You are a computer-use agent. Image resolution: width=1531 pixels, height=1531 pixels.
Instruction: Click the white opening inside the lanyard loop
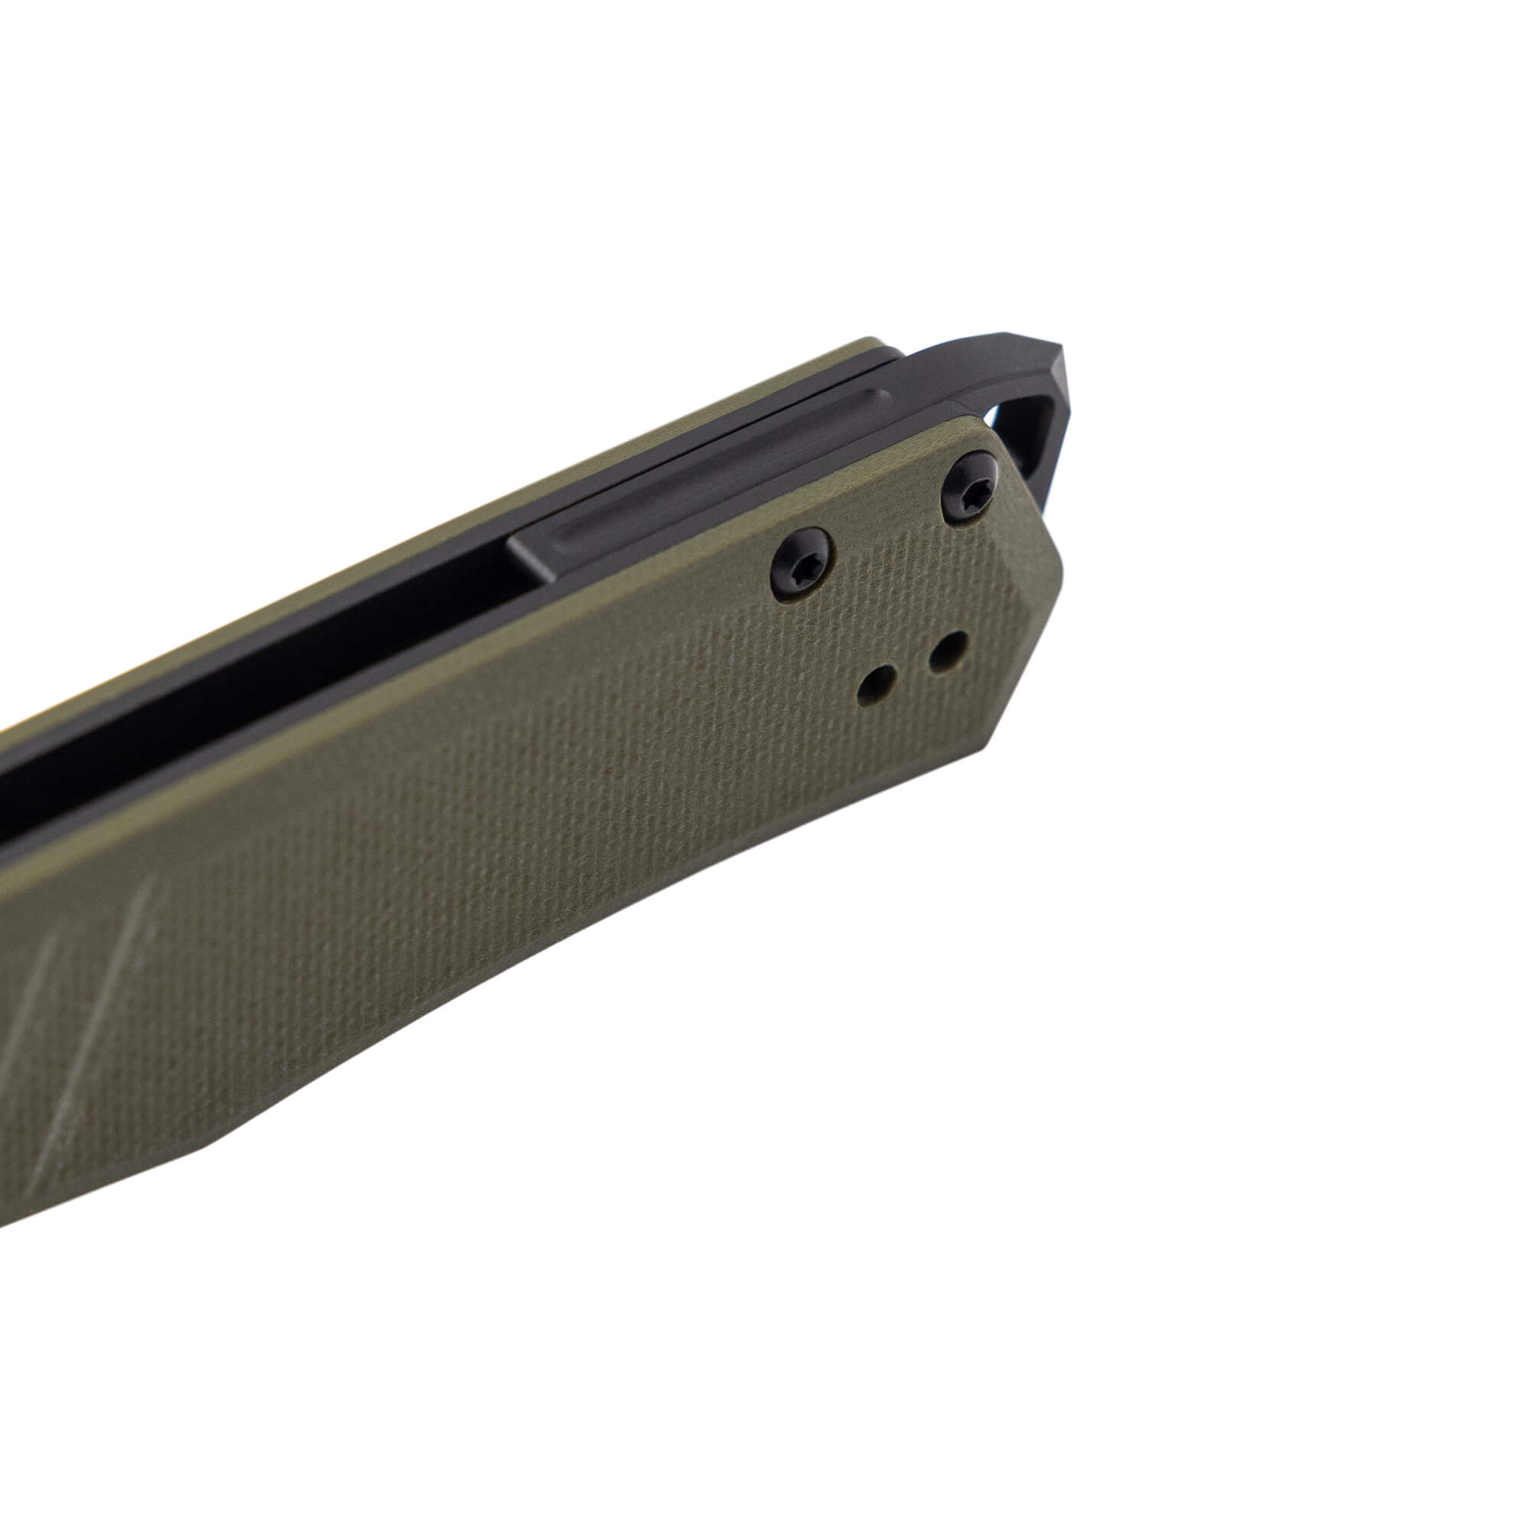[1022, 444]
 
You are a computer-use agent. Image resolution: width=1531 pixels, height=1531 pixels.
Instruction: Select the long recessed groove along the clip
[713, 483]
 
